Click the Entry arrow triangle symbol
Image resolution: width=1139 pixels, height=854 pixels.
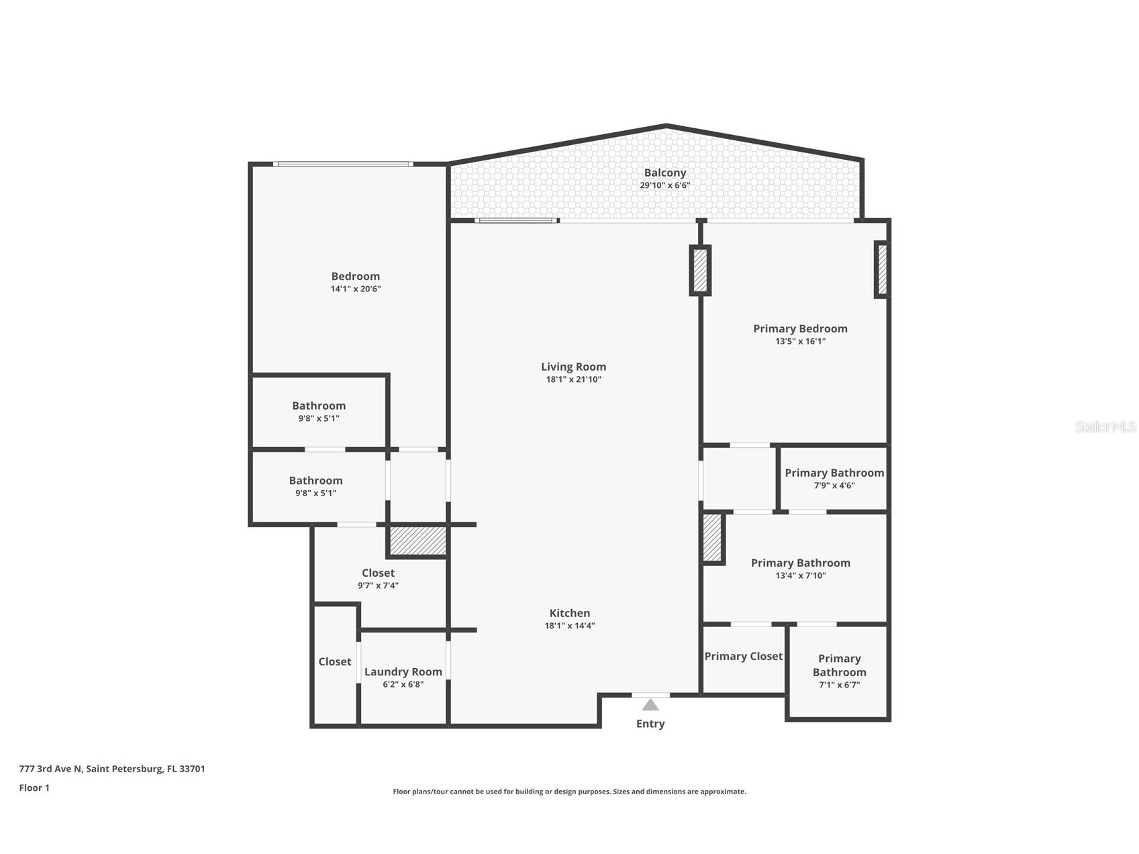[650, 704]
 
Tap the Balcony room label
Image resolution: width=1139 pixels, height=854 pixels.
[664, 173]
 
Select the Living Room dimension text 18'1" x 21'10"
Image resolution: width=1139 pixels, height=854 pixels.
[573, 379]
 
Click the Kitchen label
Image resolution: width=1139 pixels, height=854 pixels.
[569, 613]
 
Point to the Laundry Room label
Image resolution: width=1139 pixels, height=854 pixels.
[403, 671]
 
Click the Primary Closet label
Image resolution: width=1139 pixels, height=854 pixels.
[743, 656]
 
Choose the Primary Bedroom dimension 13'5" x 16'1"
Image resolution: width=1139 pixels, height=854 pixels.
[800, 341]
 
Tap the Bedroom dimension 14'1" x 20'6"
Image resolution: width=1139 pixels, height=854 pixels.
[355, 289]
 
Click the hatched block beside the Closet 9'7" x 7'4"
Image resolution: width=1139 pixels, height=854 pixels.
[417, 540]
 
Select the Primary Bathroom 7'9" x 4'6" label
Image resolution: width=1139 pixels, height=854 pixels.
[834, 473]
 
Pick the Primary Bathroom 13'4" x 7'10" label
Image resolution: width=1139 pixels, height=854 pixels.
[800, 563]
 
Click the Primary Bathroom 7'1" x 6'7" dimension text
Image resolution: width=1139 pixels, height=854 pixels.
[839, 685]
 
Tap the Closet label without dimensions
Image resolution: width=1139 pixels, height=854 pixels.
[334, 661]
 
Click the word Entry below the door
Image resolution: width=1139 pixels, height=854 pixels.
[650, 723]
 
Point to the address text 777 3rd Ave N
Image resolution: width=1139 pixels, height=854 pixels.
[111, 769]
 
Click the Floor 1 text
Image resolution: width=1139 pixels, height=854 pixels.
[34, 788]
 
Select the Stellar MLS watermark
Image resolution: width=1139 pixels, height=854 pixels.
[1105, 426]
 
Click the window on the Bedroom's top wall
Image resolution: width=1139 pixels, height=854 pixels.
[343, 164]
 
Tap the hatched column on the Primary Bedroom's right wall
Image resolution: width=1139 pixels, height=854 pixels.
[882, 270]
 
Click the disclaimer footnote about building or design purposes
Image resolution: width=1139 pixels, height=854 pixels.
[569, 792]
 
